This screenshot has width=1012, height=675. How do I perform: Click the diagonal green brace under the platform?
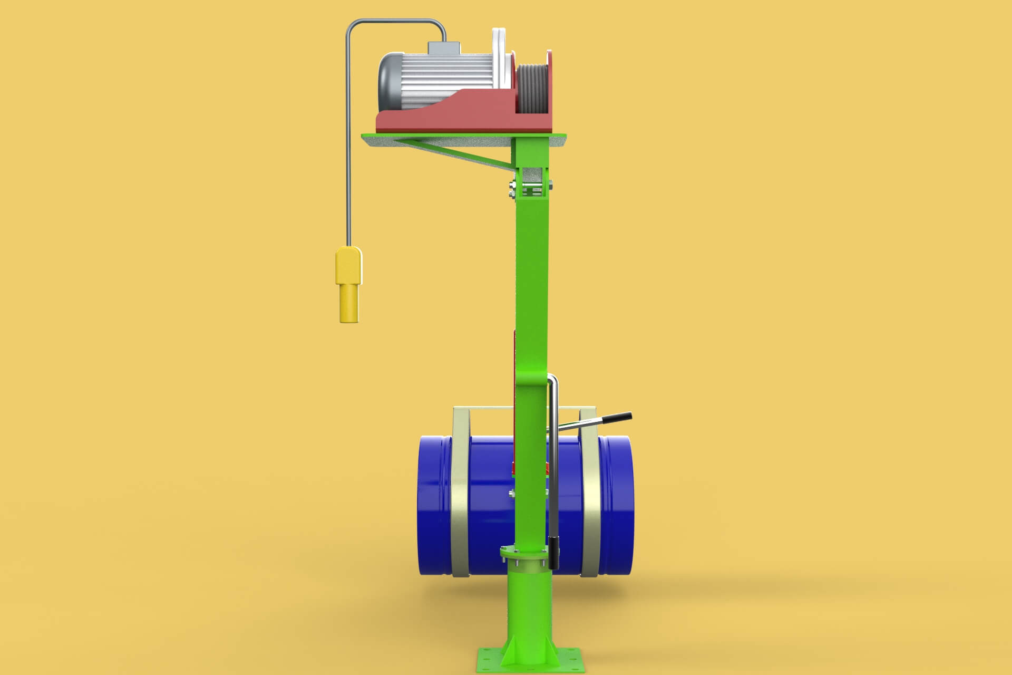[x=459, y=153]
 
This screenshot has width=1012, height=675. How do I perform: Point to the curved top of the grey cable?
[x=395, y=22]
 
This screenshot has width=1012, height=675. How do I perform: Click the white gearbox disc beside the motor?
[x=501, y=58]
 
